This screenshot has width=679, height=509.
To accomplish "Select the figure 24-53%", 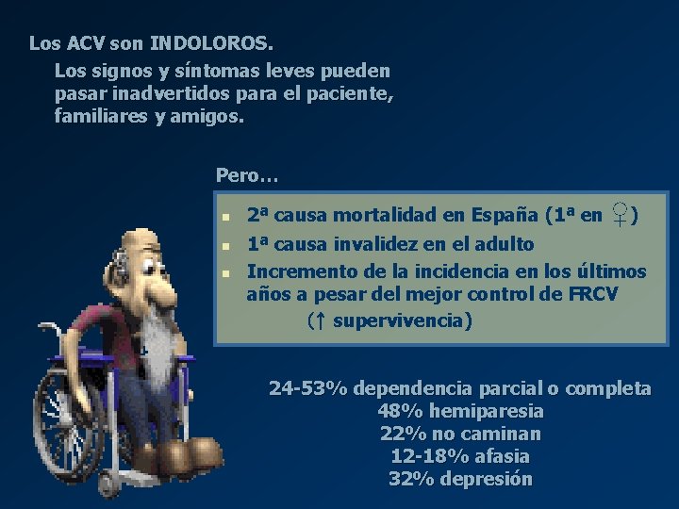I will click(x=308, y=388).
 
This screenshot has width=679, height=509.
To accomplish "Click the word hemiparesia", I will click(x=485, y=411).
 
